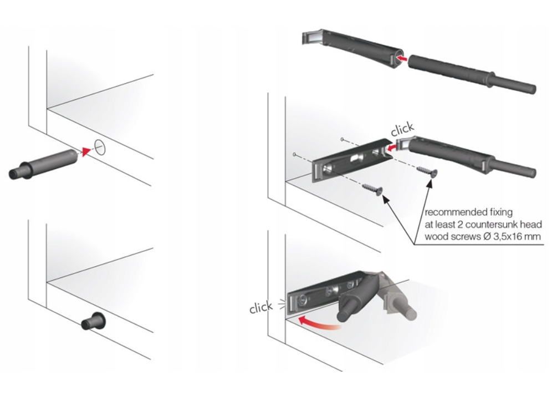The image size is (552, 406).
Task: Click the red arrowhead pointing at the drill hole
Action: [x=86, y=151]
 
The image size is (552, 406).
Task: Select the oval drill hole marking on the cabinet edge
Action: [x=100, y=147]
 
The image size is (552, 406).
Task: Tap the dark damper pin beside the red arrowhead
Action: [x=43, y=165]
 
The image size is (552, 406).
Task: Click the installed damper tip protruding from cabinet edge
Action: [x=93, y=321]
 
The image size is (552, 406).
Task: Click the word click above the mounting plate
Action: [x=402, y=129]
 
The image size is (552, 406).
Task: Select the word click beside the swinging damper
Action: [x=261, y=307]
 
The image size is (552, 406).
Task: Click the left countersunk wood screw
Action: [x=372, y=190]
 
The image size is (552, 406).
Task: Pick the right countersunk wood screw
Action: [x=427, y=171]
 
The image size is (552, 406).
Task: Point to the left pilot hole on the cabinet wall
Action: [x=294, y=154]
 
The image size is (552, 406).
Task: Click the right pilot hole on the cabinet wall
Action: [x=342, y=139]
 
